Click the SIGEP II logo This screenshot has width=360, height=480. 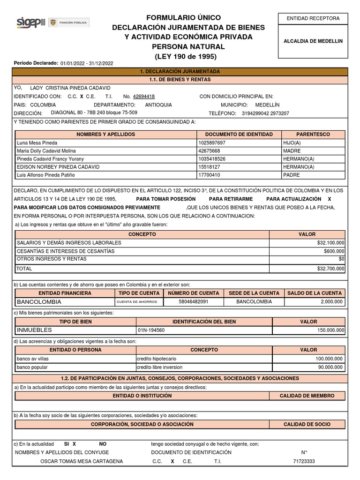[30, 22]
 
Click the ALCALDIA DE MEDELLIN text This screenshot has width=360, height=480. [313, 41]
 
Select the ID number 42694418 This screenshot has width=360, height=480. [143, 97]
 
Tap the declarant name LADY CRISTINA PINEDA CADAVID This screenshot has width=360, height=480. [70, 88]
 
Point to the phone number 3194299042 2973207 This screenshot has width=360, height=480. [265, 113]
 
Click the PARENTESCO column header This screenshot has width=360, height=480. [313, 135]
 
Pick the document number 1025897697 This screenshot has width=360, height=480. [212, 142]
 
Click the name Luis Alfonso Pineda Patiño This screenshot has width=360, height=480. [45, 175]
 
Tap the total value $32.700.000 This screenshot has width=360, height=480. [330, 269]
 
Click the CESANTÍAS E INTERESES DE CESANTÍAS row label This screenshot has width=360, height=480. [66, 251]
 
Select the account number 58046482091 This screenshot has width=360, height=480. [194, 302]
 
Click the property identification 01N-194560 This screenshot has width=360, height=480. [151, 330]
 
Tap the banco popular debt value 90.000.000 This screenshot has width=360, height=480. [330, 367]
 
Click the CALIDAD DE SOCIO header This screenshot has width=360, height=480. [307, 424]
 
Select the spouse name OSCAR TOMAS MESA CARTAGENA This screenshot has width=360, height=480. [82, 461]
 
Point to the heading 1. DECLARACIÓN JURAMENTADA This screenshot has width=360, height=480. [180, 71]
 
